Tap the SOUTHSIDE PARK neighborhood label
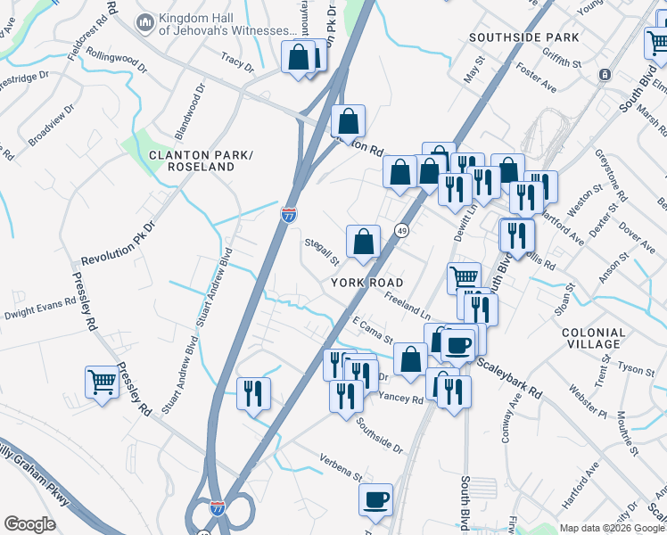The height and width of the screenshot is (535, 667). pyautogui.click(x=524, y=37)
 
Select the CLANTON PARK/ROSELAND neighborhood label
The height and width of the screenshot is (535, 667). pyautogui.click(x=202, y=160)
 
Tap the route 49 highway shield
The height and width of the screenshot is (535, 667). pyautogui.click(x=402, y=230)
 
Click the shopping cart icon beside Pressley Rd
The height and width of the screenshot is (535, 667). pyautogui.click(x=103, y=383)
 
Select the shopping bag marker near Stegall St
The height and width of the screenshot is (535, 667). pyautogui.click(x=363, y=242)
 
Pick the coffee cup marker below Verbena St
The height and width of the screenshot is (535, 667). pyautogui.click(x=375, y=498)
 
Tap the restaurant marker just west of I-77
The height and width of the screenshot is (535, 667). pyautogui.click(x=253, y=393)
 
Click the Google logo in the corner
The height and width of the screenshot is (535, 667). pyautogui.click(x=29, y=524)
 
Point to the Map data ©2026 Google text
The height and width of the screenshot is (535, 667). pyautogui.click(x=612, y=528)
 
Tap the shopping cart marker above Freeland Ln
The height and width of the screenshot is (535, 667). pyautogui.click(x=464, y=277)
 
